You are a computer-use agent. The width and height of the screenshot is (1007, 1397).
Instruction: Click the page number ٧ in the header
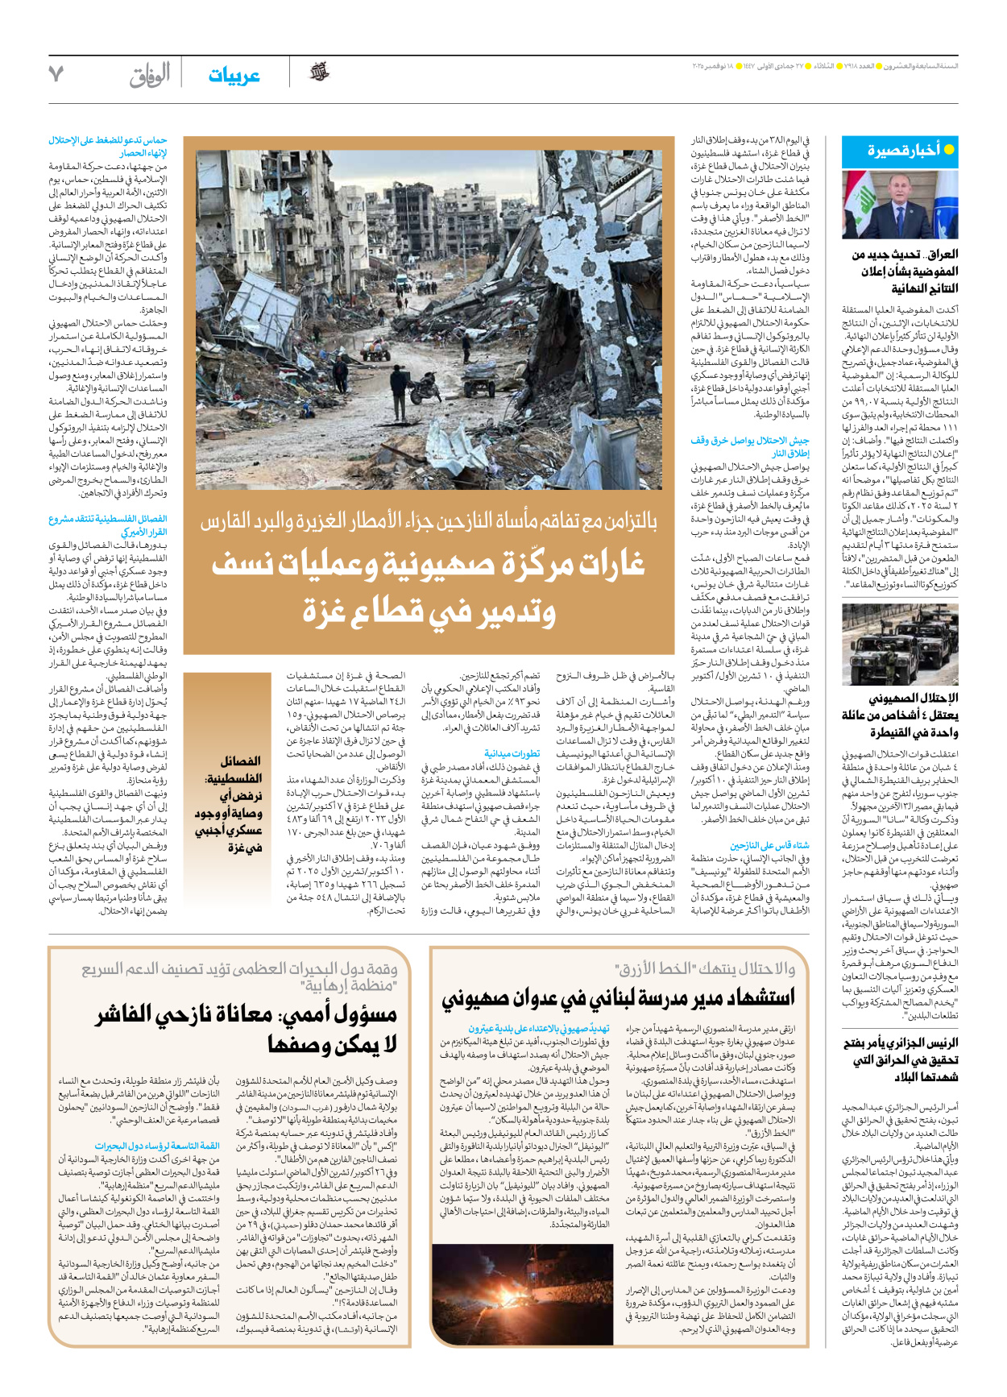tap(56, 74)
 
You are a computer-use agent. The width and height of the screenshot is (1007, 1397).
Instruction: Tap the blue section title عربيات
tap(234, 76)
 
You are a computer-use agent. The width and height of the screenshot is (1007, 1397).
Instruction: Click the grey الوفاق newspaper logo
tap(151, 76)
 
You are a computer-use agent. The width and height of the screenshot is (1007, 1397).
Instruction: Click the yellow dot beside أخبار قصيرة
tap(949, 150)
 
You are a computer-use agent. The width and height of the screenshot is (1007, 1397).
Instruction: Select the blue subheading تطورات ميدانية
tap(512, 753)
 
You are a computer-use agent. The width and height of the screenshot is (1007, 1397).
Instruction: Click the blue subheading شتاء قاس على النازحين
tap(769, 845)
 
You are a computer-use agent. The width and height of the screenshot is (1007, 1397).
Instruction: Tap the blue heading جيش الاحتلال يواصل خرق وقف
tap(750, 440)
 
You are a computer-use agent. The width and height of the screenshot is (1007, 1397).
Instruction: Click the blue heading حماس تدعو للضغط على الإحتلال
tap(108, 140)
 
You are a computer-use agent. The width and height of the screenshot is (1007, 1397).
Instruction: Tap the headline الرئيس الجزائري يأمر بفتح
tap(900, 1043)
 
